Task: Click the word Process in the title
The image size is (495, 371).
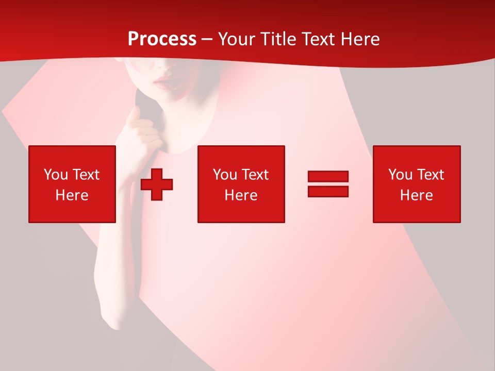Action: click(x=162, y=39)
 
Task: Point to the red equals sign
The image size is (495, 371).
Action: click(x=328, y=184)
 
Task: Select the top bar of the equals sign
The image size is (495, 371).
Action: click(x=328, y=177)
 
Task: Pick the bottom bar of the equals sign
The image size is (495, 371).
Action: click(x=328, y=191)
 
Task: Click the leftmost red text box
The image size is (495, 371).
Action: click(x=72, y=184)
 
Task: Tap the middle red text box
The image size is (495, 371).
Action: click(x=241, y=184)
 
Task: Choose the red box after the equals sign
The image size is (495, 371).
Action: click(x=417, y=184)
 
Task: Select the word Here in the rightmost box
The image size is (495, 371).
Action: click(x=417, y=195)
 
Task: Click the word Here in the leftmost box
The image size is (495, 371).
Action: click(x=72, y=195)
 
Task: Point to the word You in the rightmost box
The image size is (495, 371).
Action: click(x=400, y=175)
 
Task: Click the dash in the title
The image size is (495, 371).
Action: click(x=207, y=39)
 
